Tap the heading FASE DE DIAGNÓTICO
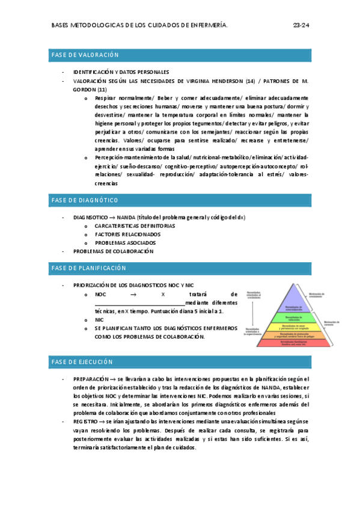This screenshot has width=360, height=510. point(85,200)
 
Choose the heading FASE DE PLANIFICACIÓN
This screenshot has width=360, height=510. point(89,268)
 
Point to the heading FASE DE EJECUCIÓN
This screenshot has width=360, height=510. point(82,362)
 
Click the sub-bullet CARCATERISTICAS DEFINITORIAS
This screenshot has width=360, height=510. point(135,226)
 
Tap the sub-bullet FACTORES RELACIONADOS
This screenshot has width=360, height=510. point(127,234)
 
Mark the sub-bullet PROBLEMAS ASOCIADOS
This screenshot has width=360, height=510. point(125,242)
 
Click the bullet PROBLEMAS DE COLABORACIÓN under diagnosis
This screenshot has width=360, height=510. point(113,251)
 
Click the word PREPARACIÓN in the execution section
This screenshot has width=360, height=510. point(90,379)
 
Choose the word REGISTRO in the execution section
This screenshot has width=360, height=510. point(86,423)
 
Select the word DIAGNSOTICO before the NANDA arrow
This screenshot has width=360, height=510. point(90,217)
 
